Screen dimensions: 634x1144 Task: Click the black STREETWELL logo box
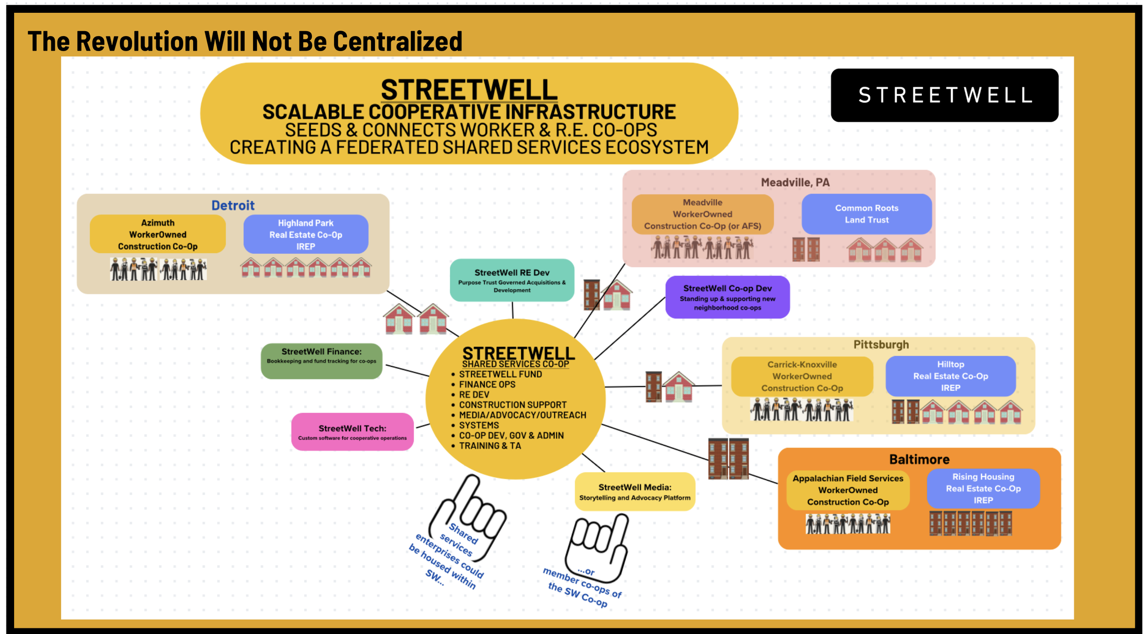(x=944, y=95)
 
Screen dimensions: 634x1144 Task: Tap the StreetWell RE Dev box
(x=512, y=280)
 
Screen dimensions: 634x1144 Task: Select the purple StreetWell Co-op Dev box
(x=727, y=297)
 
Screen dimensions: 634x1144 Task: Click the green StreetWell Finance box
(x=321, y=361)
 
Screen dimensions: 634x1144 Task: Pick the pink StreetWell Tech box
(x=352, y=432)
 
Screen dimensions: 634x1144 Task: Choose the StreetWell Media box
(x=635, y=492)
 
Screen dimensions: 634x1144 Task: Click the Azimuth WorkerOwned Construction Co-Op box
(x=157, y=234)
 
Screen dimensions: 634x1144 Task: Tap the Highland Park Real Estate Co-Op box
(x=306, y=234)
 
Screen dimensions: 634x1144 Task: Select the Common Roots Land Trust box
(x=866, y=214)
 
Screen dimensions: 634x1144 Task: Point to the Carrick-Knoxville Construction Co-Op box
(x=802, y=376)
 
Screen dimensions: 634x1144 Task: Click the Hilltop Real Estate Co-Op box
(x=950, y=376)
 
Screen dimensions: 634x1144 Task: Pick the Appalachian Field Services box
(x=847, y=490)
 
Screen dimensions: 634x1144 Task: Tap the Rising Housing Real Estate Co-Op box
(x=983, y=488)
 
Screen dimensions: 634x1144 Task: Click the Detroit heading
(x=232, y=206)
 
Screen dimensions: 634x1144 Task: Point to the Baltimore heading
(x=919, y=459)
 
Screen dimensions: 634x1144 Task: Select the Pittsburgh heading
(x=881, y=345)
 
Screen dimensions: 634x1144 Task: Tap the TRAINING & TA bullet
(x=490, y=446)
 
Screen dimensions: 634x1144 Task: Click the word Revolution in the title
(x=137, y=41)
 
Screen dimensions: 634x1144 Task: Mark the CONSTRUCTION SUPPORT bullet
(x=513, y=405)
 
